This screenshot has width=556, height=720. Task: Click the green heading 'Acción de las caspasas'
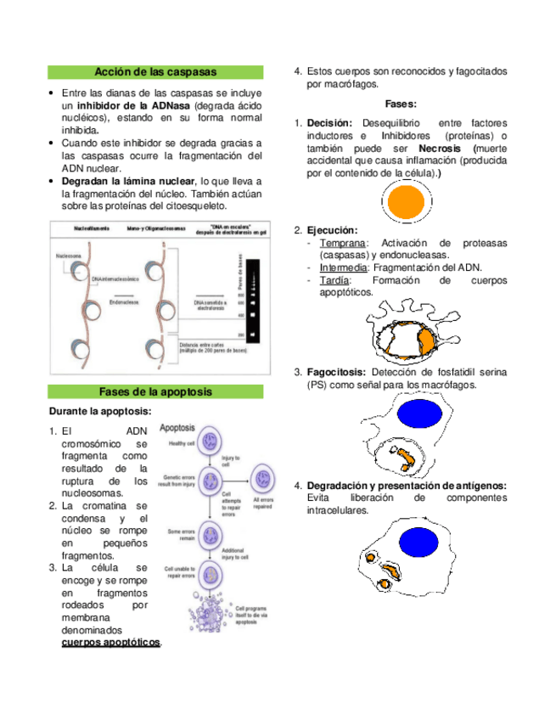(x=155, y=72)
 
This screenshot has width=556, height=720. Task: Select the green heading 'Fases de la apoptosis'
(x=155, y=392)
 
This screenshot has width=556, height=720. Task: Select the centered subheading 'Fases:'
(x=400, y=104)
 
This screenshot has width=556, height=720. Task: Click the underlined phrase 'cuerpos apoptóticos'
(x=111, y=643)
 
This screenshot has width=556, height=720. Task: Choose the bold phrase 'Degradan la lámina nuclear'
(x=127, y=181)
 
